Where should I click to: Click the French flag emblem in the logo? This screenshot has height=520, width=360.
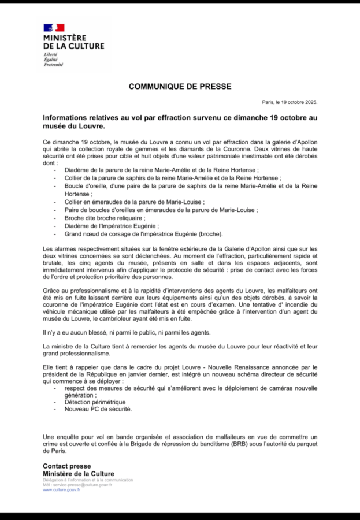tap(54, 27)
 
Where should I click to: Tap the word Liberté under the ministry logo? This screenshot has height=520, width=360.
tap(50, 54)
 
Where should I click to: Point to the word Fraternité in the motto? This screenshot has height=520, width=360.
tap(53, 65)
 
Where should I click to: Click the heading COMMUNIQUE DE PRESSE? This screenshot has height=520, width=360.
tap(180, 87)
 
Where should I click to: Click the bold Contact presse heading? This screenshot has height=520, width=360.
tap(66, 466)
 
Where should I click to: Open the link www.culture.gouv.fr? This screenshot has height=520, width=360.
tap(61, 490)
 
